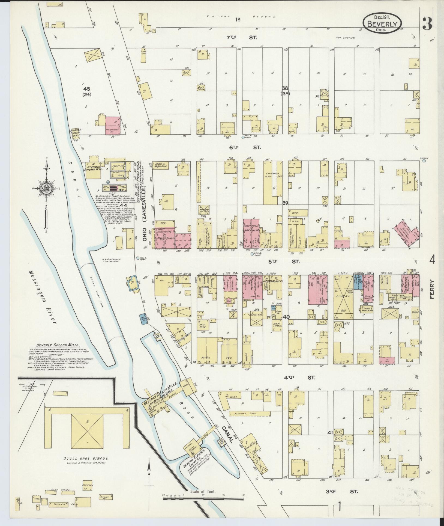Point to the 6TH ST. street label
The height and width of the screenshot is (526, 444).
pyautogui.click(x=245, y=147)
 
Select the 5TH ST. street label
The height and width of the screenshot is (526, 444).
pyautogui.click(x=284, y=261)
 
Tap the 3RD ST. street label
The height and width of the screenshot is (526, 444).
pyautogui.click(x=342, y=492)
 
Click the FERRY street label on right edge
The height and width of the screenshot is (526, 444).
pyautogui.click(x=432, y=289)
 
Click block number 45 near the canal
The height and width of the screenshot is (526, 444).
pyautogui.click(x=87, y=89)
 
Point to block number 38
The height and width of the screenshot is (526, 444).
pyautogui.click(x=285, y=88)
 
